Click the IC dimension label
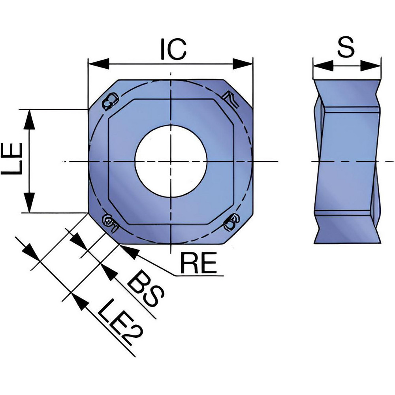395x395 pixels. point(173,49)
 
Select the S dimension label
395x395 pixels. point(346,47)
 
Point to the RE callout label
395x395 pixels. point(199,263)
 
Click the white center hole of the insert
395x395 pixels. point(171,161)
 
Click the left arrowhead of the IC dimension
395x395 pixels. point(99,64)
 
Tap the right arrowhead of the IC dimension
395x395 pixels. point(243,64)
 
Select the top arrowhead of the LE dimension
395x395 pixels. point(30,120)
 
